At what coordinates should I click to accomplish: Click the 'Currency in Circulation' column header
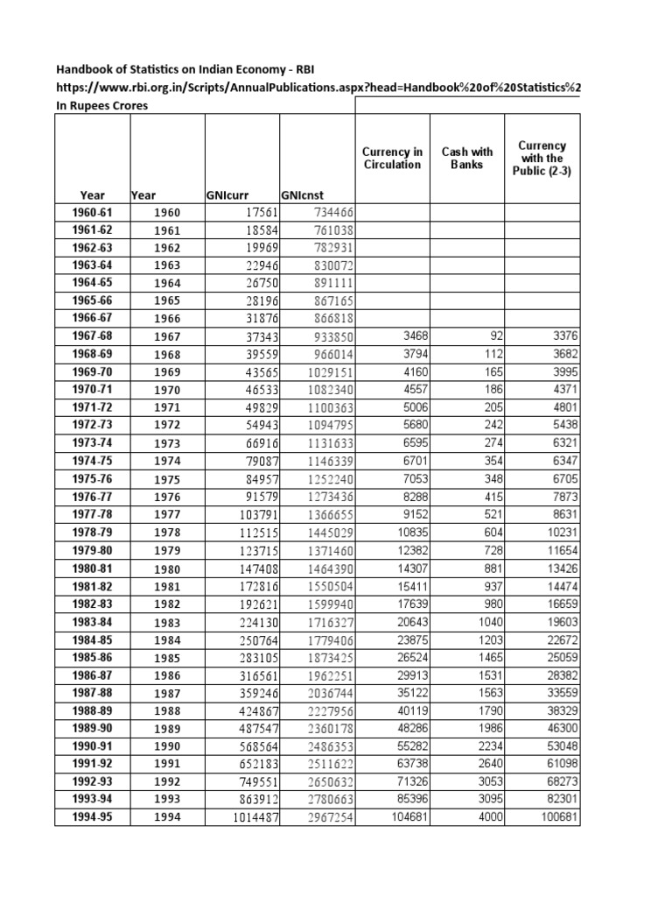[x=392, y=158]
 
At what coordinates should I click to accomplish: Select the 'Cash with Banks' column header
[x=467, y=158]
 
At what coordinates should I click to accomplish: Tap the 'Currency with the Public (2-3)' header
[x=542, y=158]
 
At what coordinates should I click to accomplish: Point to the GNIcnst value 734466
[x=333, y=212]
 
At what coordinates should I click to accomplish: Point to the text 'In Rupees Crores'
[x=102, y=106]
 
